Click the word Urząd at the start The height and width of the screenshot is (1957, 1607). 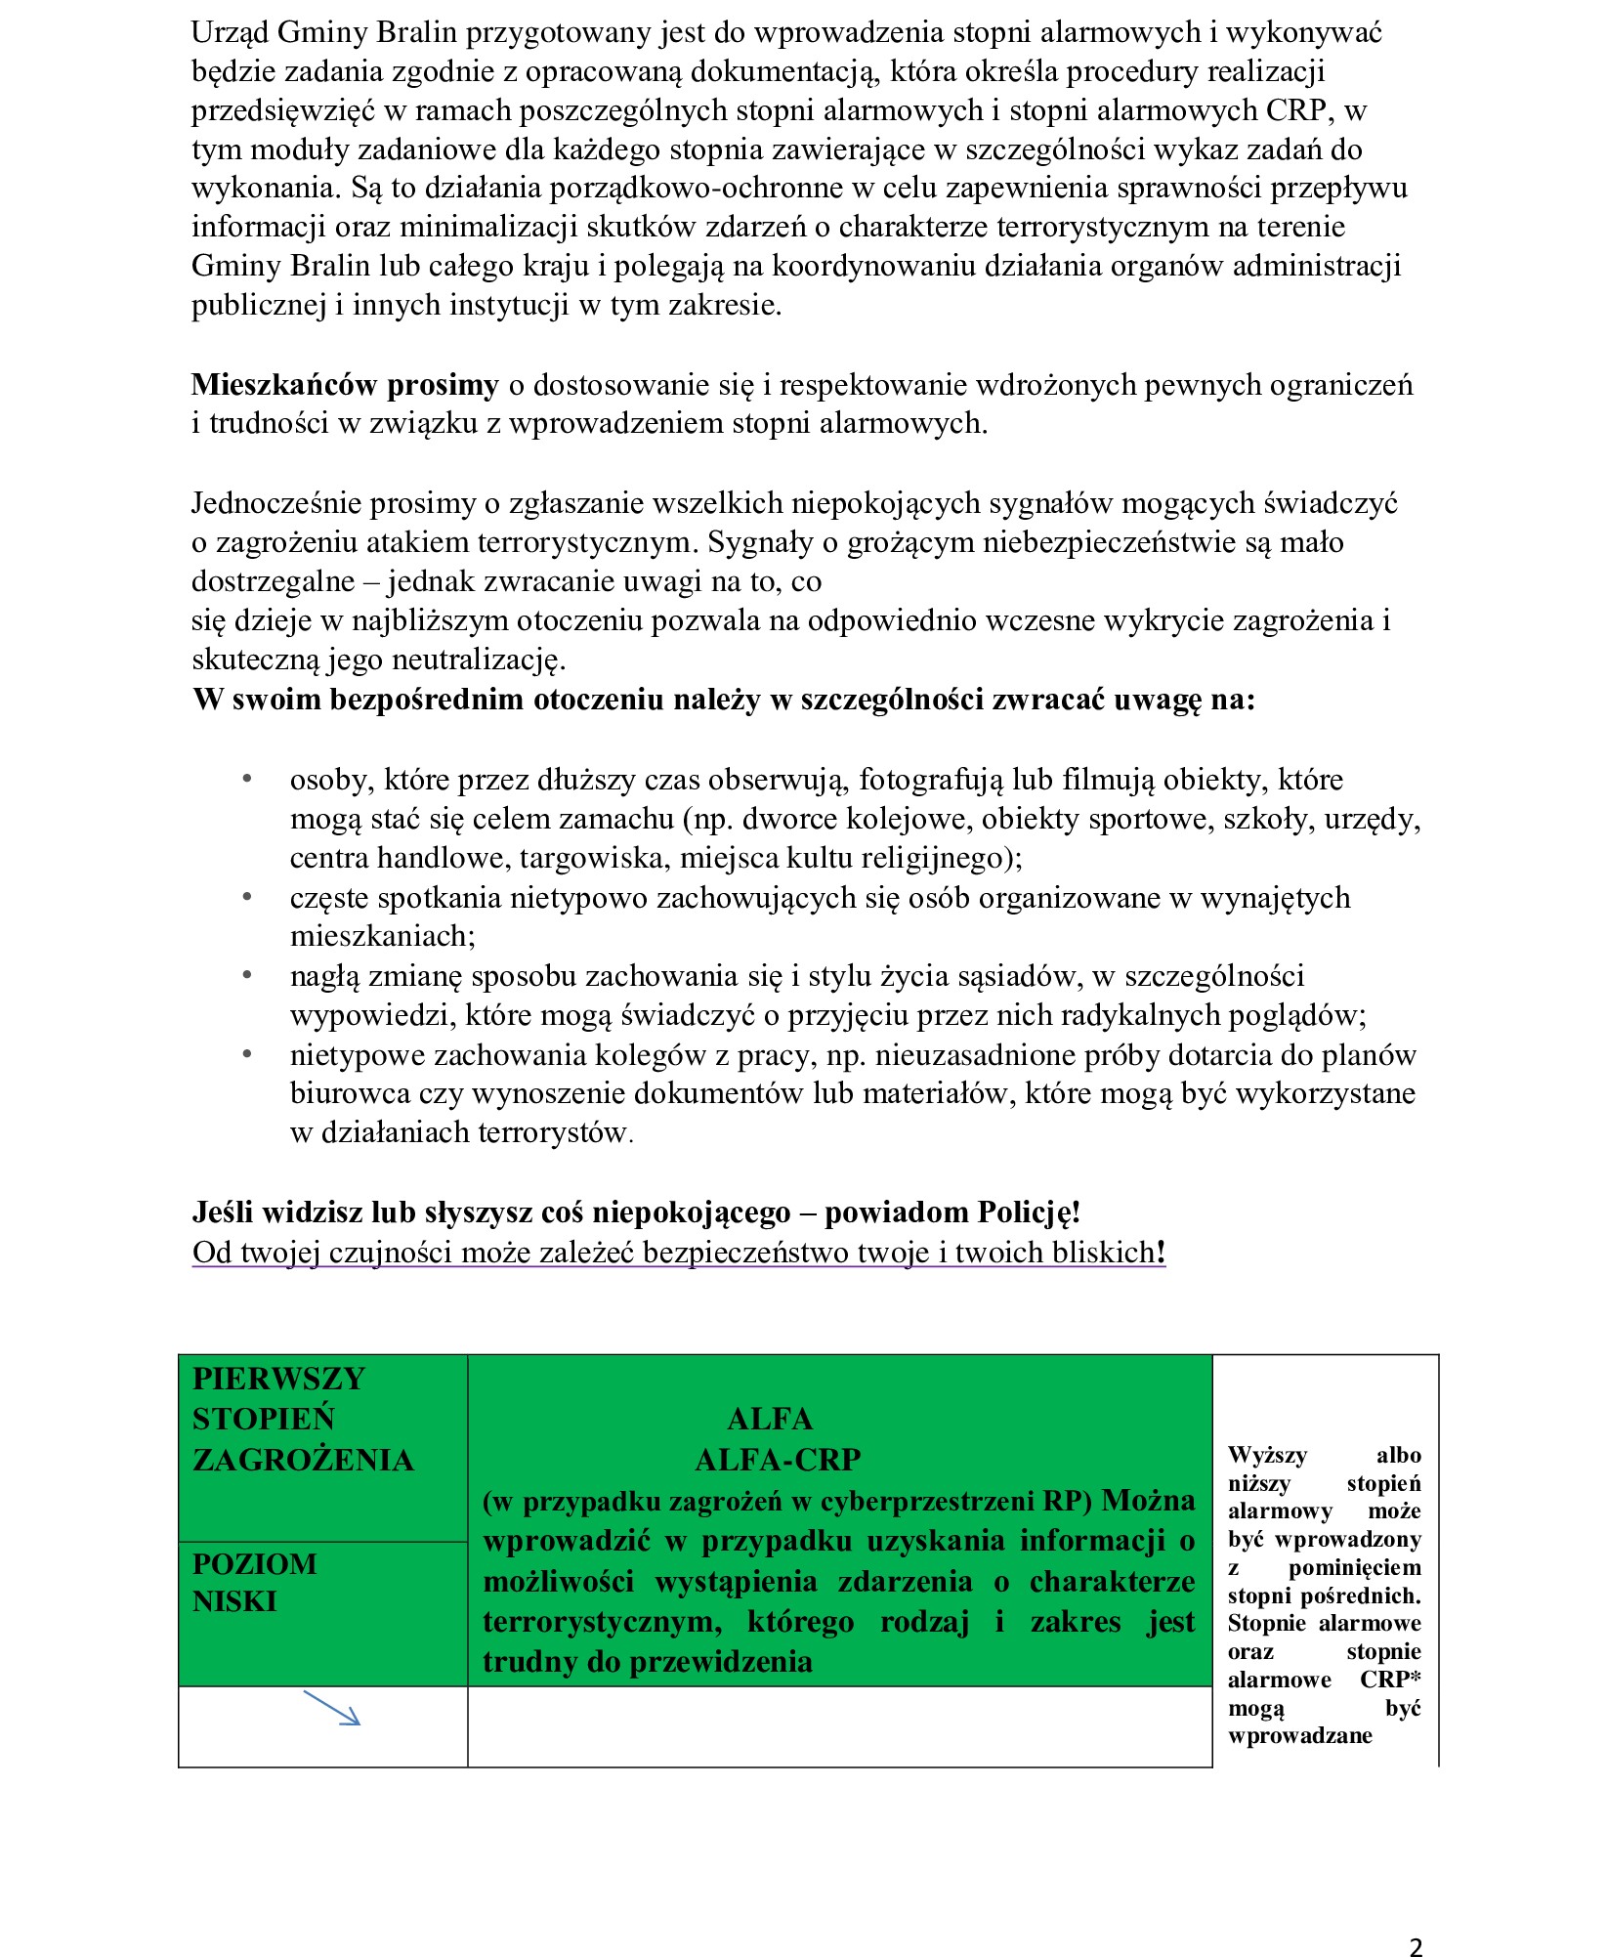click(x=230, y=33)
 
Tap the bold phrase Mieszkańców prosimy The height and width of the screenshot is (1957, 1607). click(x=345, y=386)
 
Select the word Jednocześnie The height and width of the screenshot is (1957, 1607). click(x=279, y=504)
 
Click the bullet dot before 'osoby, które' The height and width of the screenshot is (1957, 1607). click(x=248, y=779)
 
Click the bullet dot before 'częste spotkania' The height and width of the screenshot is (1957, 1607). click(x=248, y=897)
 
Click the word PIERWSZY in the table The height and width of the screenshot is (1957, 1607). click(x=278, y=1379)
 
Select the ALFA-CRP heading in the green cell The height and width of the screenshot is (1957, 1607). click(x=778, y=1460)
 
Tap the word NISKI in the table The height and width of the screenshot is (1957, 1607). click(x=234, y=1602)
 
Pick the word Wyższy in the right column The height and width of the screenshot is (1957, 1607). click(x=1267, y=1456)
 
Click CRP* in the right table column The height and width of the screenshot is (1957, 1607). click(x=1389, y=1680)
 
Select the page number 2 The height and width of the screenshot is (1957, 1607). click(x=1416, y=1921)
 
